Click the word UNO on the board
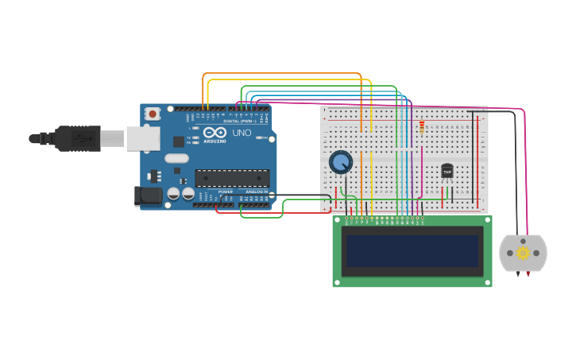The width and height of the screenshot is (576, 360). click(242, 133)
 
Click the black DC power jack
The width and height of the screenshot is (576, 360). click(148, 195)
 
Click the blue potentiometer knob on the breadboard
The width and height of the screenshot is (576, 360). click(341, 162)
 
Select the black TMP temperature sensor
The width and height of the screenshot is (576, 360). click(446, 171)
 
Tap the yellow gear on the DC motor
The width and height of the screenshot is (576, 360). click(523, 254)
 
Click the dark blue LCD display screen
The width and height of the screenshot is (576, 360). click(412, 251)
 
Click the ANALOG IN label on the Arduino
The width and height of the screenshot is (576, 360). click(256, 192)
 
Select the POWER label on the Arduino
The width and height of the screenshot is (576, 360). click(226, 192)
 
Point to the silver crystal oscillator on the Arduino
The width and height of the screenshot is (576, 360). click(176, 157)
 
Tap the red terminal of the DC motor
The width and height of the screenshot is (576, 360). click(528, 273)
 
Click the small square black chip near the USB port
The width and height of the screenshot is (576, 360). click(179, 141)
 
